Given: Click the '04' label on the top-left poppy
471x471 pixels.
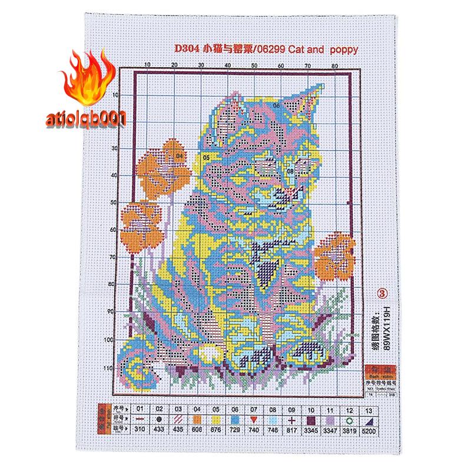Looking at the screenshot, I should click(180, 156).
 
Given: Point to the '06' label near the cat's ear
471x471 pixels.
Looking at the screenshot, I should click(276, 106).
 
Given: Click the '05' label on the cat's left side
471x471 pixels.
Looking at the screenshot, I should click(207, 158).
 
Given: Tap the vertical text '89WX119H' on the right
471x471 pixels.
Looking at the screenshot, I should click(387, 327).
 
